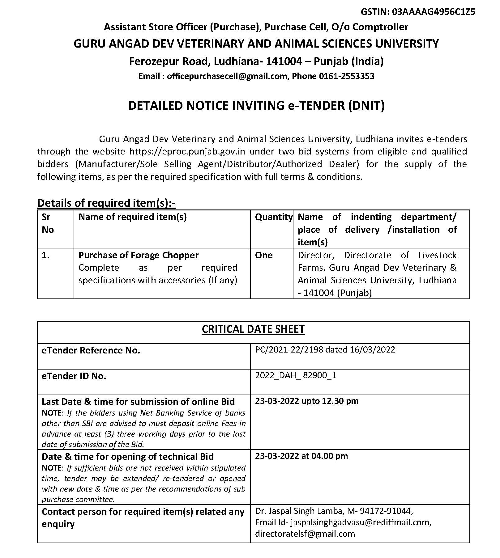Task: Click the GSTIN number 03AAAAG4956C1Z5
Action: click(434, 12)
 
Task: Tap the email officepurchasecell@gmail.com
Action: click(227, 76)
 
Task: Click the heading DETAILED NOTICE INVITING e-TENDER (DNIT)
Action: click(256, 106)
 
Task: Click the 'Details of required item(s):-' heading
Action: click(106, 203)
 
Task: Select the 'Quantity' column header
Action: click(273, 217)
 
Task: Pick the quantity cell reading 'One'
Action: click(264, 255)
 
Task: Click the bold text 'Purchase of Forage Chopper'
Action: click(138, 255)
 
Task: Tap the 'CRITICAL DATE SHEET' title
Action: click(253, 329)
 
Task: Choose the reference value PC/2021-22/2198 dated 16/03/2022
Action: click(325, 350)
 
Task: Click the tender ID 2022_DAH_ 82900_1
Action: click(296, 375)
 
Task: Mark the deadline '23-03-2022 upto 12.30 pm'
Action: click(306, 401)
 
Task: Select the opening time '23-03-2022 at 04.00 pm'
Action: click(301, 456)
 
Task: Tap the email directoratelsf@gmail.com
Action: click(305, 534)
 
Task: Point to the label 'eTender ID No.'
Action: click(74, 376)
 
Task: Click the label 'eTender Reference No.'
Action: click(91, 350)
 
